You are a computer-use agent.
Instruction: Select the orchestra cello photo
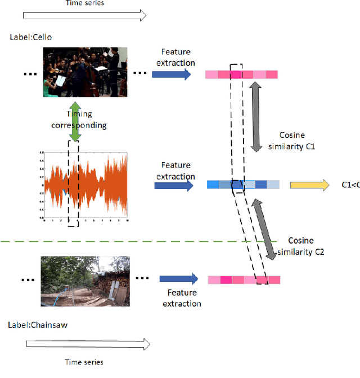coord(85,72)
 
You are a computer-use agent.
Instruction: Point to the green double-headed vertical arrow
coord(74,123)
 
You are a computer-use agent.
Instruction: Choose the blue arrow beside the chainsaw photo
coord(178,278)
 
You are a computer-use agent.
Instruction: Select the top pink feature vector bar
coord(241,74)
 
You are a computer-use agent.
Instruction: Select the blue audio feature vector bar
coord(242,184)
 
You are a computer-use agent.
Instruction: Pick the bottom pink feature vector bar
coord(244,280)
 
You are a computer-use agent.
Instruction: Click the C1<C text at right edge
coord(350,184)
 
